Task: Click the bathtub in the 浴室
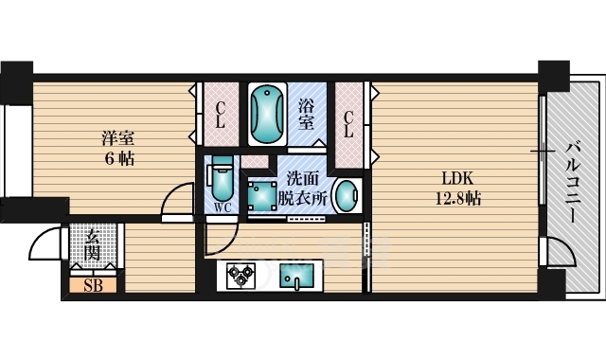[267, 114]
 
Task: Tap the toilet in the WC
[222, 179]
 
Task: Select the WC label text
[223, 208]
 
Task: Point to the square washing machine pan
[261, 196]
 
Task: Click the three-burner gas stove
[241, 276]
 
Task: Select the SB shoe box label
[94, 285]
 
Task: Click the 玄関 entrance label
[93, 245]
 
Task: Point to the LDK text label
[457, 179]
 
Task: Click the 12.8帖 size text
[458, 199]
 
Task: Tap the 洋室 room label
[117, 138]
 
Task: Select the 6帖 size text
[119, 158]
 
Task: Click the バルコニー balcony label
[574, 183]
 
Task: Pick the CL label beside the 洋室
[220, 115]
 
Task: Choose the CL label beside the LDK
[348, 124]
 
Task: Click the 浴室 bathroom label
[306, 115]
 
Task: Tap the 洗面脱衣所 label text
[303, 189]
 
